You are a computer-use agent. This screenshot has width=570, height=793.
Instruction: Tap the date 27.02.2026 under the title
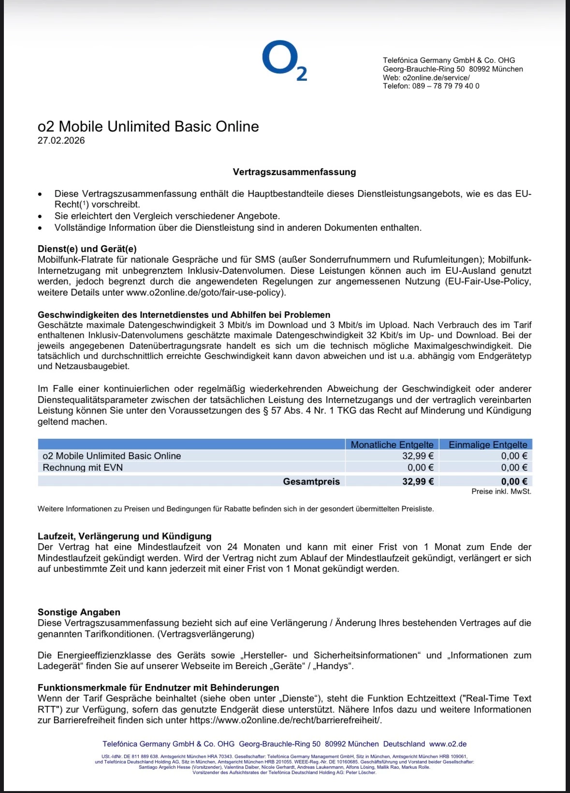(x=61, y=141)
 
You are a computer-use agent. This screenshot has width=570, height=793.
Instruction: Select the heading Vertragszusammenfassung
(x=294, y=172)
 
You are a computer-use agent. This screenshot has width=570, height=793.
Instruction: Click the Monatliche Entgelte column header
(x=392, y=444)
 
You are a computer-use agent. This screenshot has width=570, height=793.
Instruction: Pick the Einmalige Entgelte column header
(x=488, y=444)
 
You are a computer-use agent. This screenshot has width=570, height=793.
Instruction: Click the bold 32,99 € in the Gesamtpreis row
(x=418, y=481)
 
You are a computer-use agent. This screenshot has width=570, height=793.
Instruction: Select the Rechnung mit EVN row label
(x=83, y=467)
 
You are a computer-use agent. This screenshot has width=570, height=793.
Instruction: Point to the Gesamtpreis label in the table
(x=311, y=481)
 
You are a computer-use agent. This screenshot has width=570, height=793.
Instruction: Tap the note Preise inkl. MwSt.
(x=501, y=492)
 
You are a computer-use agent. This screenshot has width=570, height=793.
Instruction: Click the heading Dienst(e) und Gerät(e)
(x=87, y=249)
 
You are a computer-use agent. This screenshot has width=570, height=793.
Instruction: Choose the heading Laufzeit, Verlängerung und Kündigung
(x=125, y=536)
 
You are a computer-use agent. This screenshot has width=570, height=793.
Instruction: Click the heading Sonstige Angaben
(x=79, y=612)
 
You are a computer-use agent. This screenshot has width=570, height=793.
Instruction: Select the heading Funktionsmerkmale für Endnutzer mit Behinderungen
(x=159, y=688)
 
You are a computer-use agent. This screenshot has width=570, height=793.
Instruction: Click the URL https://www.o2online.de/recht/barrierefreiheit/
(x=285, y=720)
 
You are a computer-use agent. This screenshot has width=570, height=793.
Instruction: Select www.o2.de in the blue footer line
(x=448, y=744)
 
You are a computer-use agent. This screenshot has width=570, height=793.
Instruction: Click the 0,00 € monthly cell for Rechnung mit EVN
(x=420, y=467)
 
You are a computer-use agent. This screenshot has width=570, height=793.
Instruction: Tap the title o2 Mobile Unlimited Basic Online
(x=148, y=127)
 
